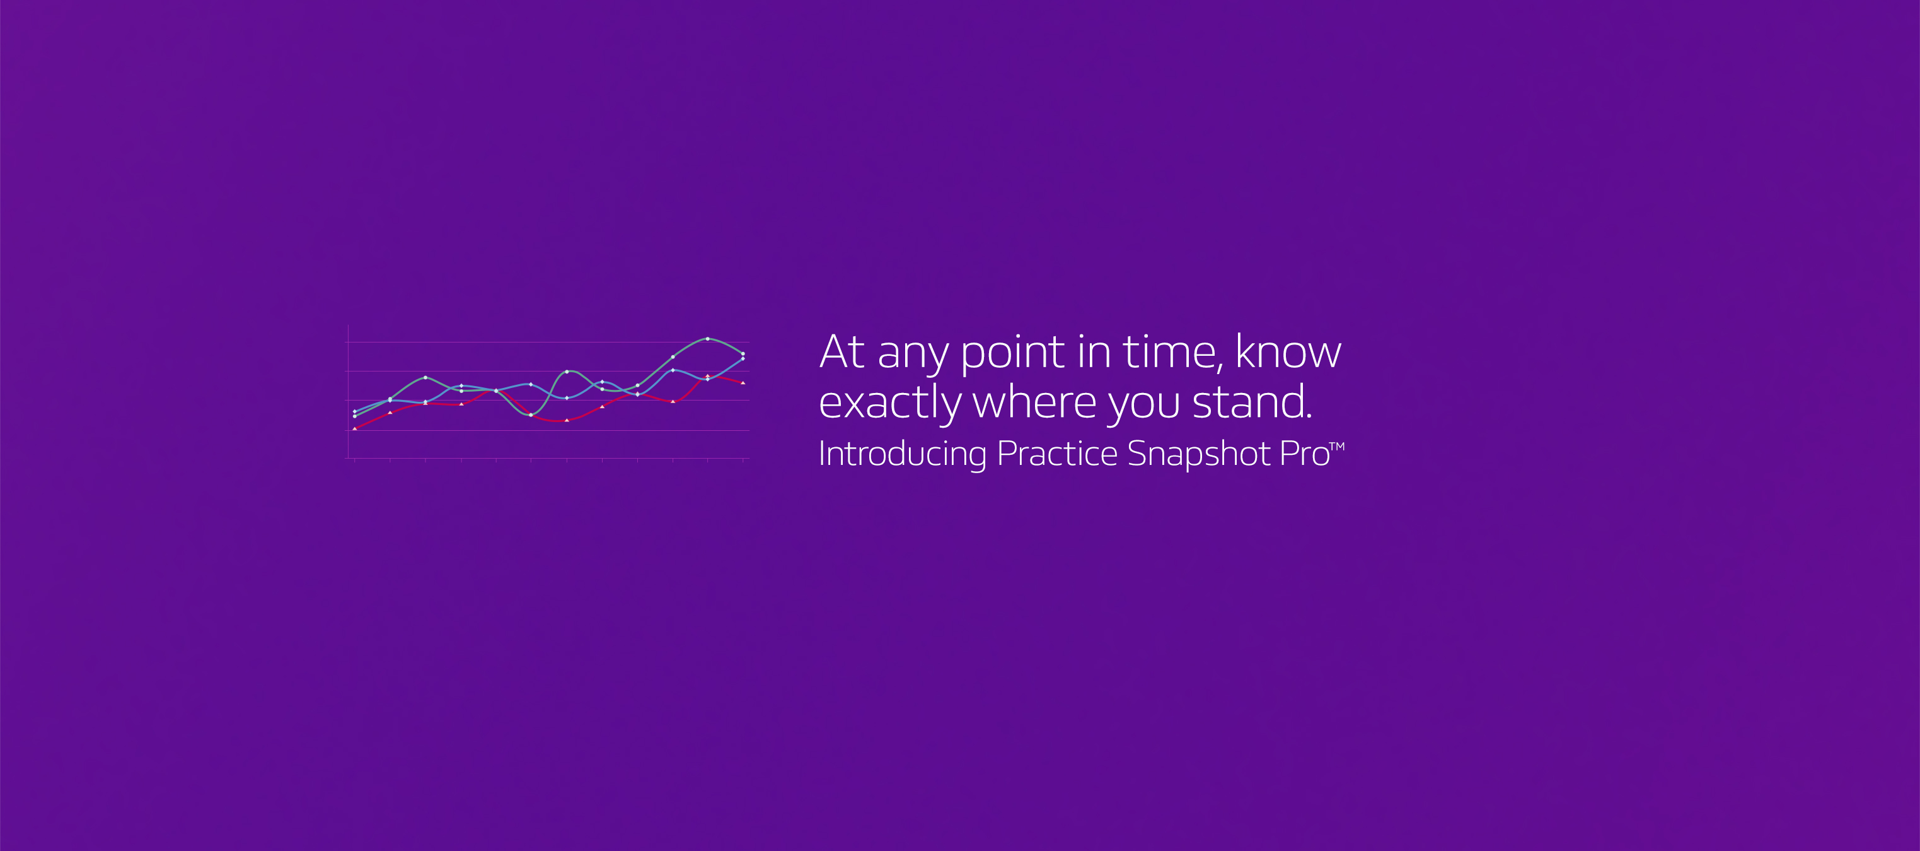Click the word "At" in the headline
(x=842, y=352)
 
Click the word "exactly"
(x=889, y=404)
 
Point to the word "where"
(x=1034, y=401)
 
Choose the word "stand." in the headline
(x=1252, y=401)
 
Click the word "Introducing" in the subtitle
(x=902, y=454)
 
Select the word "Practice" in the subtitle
(x=1057, y=453)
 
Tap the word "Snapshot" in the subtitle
(x=1198, y=454)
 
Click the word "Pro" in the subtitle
(x=1304, y=454)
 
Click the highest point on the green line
(x=707, y=339)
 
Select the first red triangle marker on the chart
(x=355, y=428)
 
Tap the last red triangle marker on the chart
(x=743, y=383)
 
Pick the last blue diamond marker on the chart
(x=743, y=358)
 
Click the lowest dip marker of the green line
(x=531, y=414)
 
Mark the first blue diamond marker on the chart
(x=354, y=411)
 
